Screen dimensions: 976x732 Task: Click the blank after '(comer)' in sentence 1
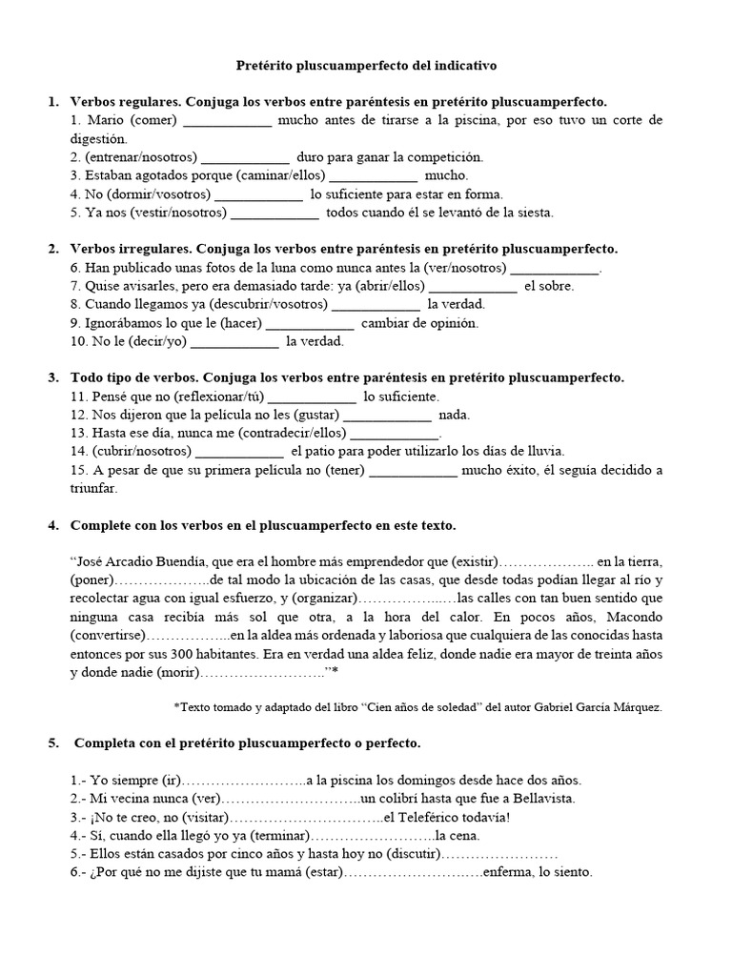227,121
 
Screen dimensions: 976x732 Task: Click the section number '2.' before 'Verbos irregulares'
53,249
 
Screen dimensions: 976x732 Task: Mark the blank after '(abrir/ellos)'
473,286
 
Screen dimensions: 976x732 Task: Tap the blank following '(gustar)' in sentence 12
386,415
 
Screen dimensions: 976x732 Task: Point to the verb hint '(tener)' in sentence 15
344,470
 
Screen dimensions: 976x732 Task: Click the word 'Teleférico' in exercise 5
430,817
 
